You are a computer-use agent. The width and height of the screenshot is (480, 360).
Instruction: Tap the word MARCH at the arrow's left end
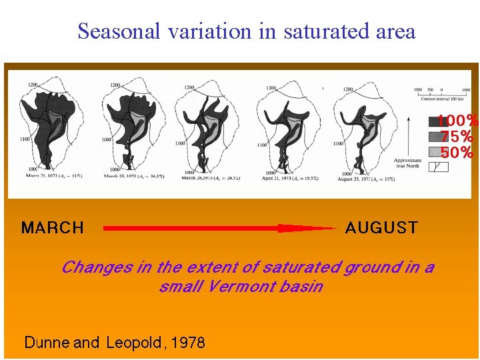tap(53, 228)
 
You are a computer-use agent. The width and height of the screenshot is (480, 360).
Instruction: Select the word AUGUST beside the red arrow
tap(381, 228)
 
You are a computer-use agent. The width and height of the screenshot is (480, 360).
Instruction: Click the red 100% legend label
tap(458, 121)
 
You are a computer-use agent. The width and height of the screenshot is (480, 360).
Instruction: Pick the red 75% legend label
tap(457, 137)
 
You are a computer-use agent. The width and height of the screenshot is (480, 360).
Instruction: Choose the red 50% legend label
tap(457, 152)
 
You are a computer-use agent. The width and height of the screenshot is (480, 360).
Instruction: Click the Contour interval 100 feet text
tap(443, 99)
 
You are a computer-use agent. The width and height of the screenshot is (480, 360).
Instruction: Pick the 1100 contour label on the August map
tap(338, 143)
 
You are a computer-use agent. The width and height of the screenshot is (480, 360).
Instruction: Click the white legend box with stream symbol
tap(439, 167)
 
